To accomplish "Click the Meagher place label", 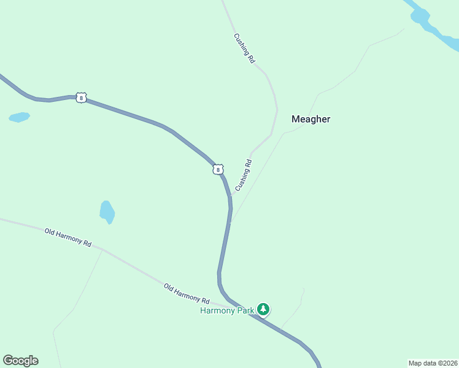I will click(x=310, y=119).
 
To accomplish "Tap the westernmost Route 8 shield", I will click(x=81, y=98).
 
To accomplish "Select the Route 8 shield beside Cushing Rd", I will click(x=218, y=169).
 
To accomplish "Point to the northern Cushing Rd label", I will click(x=244, y=48).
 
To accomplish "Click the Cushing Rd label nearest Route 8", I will click(x=244, y=175).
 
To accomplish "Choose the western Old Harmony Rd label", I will click(x=67, y=237).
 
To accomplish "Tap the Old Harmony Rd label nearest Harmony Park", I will click(x=187, y=294).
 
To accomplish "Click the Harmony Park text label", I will click(x=227, y=310).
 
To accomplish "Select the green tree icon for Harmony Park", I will click(x=263, y=309).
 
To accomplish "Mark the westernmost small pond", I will click(x=19, y=117).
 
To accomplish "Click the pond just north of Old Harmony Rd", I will click(x=107, y=212).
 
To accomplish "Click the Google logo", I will click(x=20, y=361).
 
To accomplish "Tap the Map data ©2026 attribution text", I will click(x=433, y=362).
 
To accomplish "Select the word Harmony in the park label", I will click(x=218, y=310).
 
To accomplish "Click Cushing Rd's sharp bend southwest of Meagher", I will click(x=271, y=135).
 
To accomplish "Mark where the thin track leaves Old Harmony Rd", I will click(x=102, y=250).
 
